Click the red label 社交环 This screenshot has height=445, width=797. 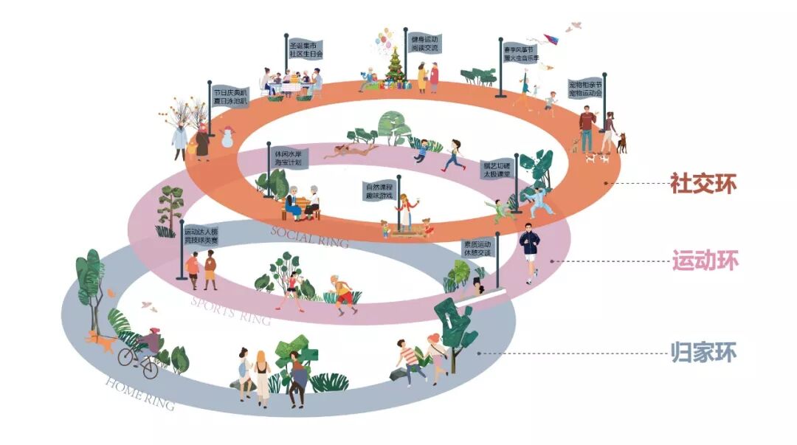click(x=703, y=183)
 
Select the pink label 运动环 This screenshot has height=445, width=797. click(x=704, y=261)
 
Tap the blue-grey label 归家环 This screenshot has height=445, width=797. click(x=703, y=352)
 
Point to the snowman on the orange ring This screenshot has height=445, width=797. click(x=226, y=137)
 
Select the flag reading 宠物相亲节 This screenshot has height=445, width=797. click(x=585, y=89)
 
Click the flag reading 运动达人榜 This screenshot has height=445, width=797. click(x=201, y=235)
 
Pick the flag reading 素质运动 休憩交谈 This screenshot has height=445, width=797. click(x=477, y=249)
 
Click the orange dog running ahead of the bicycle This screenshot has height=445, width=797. click(x=98, y=340)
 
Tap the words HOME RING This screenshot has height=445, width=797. click(x=140, y=393)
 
